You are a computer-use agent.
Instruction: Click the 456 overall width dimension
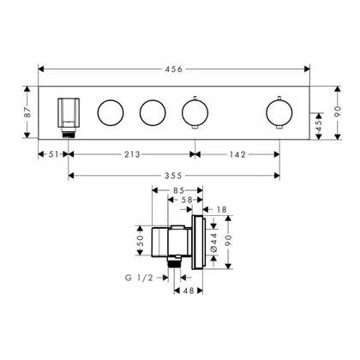[x=173, y=69]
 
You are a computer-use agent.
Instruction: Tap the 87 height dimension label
[x=27, y=112]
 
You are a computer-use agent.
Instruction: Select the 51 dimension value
[x=53, y=154]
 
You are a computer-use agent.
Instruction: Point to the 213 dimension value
[x=132, y=154]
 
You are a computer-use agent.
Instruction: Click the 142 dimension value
[x=237, y=154]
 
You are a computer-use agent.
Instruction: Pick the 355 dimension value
[x=173, y=176]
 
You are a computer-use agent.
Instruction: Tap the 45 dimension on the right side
[x=320, y=125]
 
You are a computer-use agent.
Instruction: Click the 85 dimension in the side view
[x=178, y=190]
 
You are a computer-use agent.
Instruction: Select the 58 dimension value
[x=187, y=200]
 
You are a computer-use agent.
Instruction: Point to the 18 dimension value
[x=221, y=210]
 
